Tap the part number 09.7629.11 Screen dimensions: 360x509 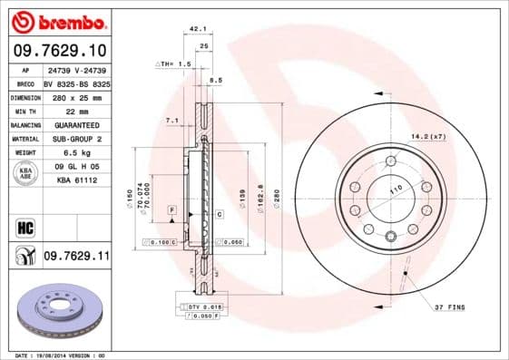pos(76,258)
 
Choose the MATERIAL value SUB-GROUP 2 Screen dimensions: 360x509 pos(75,139)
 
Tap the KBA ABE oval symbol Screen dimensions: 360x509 pos(24,173)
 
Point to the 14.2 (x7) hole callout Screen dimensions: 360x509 pos(428,136)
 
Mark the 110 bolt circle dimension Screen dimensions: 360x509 pos(396,191)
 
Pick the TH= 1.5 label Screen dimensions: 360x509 pos(174,64)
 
